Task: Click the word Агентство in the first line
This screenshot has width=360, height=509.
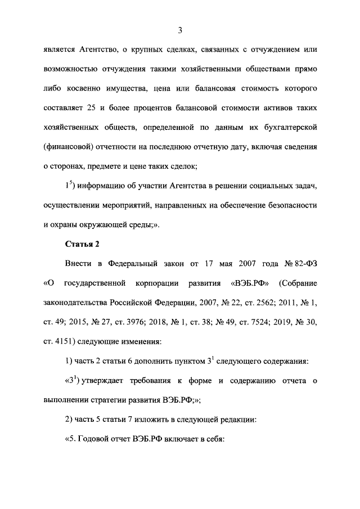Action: coord(97,49)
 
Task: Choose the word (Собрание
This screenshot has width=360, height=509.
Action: coord(298,283)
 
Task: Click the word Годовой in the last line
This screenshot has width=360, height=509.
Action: coord(97,440)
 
